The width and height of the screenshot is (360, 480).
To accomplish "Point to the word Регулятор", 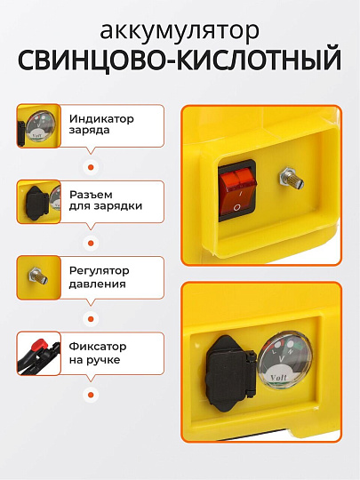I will (x=97, y=269).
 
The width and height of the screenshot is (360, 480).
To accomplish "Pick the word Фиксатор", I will (x=96, y=346).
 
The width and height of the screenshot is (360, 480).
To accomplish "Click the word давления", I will (x=96, y=284).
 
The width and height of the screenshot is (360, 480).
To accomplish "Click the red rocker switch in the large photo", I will (x=236, y=189).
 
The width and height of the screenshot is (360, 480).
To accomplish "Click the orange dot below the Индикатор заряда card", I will (x=89, y=165).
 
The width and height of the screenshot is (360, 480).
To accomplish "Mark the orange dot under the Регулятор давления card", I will (x=89, y=317).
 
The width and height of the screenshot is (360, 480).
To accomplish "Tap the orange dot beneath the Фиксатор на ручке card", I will (x=89, y=394).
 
